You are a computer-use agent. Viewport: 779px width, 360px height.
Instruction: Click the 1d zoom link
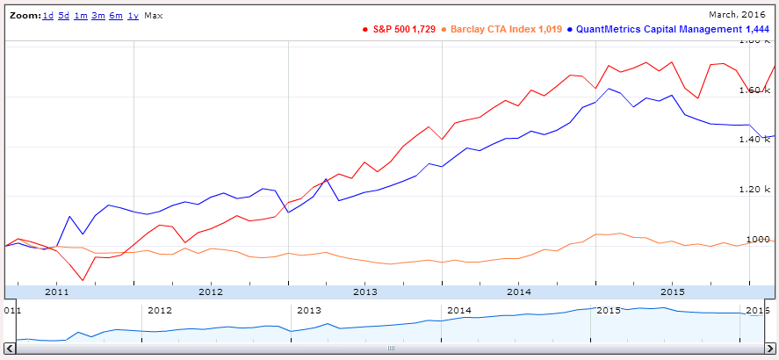pos(49,17)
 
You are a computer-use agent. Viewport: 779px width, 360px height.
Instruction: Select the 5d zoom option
pos(64,17)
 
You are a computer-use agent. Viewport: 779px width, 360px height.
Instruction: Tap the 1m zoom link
pos(80,17)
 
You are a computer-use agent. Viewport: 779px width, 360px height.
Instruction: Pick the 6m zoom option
pos(115,17)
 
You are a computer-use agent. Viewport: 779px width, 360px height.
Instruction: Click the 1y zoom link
pos(133,17)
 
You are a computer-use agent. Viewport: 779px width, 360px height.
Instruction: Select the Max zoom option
pos(153,17)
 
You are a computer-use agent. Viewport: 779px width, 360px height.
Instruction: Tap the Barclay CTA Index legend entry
pos(501,30)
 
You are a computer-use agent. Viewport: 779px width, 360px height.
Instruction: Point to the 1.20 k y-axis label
pos(755,190)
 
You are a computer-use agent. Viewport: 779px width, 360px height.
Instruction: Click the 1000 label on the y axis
pos(758,240)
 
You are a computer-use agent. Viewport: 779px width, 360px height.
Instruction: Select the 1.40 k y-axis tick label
pos(755,140)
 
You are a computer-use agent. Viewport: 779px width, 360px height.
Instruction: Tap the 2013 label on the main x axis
pos(364,291)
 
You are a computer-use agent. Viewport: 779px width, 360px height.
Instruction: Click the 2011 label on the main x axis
pos(56,291)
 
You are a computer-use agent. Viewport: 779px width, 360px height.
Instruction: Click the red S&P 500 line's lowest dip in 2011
pos(83,280)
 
